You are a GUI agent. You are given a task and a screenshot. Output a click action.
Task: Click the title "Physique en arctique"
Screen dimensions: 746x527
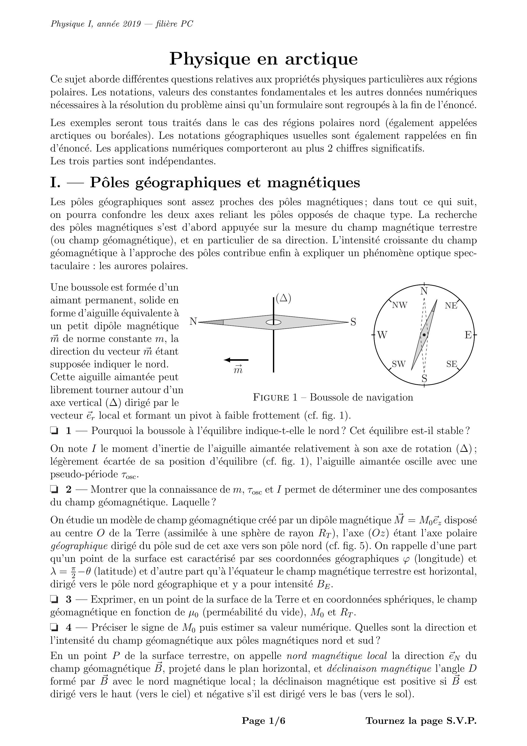click(x=263, y=59)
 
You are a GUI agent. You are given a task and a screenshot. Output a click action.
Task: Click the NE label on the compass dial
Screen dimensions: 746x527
click(x=451, y=305)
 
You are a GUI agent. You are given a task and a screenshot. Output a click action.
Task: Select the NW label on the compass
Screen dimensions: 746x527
click(x=400, y=305)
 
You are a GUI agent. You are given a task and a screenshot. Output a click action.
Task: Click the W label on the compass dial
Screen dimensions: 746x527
click(x=382, y=335)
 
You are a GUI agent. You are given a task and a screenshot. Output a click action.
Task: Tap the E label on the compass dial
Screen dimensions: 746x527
click(x=468, y=335)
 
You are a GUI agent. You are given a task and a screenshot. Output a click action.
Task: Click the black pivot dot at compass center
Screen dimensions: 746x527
click(x=424, y=334)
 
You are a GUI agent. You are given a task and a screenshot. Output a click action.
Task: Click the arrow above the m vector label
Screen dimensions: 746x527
click(x=236, y=360)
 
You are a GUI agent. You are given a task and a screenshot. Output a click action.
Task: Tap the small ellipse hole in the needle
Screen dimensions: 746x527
click(x=273, y=322)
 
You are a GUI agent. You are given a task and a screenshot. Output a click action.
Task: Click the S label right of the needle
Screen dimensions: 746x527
click(x=353, y=322)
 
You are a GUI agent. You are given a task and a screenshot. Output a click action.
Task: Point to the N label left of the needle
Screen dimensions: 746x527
click(x=193, y=322)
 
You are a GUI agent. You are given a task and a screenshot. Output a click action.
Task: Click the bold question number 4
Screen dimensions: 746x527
click(x=69, y=627)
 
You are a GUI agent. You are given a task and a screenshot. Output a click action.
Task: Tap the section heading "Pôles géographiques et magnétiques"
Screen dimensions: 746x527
click(x=224, y=183)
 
